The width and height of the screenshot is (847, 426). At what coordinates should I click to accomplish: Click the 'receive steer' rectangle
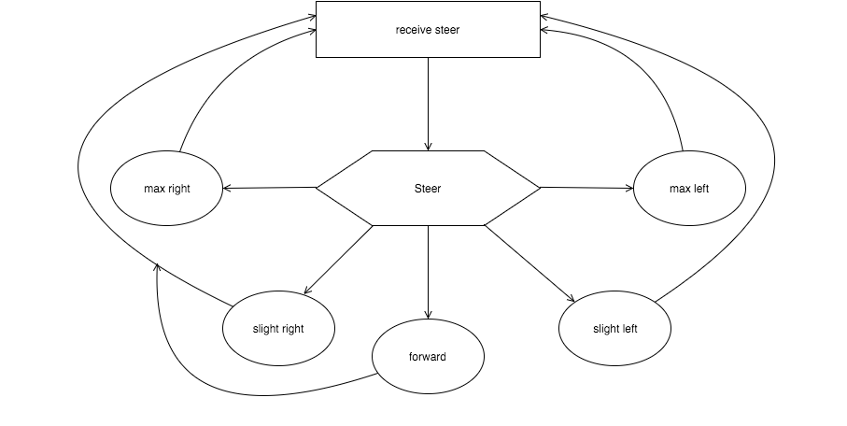[428, 29]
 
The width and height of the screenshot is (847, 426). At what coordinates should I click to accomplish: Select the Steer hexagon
[428, 188]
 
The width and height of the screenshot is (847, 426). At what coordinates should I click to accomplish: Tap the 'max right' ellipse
[166, 188]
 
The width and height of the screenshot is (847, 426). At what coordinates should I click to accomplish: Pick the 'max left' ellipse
[689, 188]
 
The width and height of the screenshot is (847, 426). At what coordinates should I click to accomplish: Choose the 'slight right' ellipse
[278, 328]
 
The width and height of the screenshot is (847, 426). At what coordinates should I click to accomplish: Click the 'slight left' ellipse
[614, 328]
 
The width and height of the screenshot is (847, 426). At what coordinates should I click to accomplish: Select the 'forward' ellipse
[428, 356]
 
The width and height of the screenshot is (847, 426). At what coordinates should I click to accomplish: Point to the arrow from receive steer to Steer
[429, 104]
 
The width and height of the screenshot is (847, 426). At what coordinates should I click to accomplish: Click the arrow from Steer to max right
[270, 188]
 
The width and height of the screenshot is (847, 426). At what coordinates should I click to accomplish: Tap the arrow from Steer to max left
[586, 188]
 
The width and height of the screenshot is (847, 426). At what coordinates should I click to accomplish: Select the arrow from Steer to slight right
[339, 260]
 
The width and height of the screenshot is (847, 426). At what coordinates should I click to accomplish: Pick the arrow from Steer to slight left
[529, 263]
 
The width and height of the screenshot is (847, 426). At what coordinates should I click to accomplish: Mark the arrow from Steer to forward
[429, 272]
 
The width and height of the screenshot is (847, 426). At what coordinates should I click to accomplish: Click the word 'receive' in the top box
[412, 30]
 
